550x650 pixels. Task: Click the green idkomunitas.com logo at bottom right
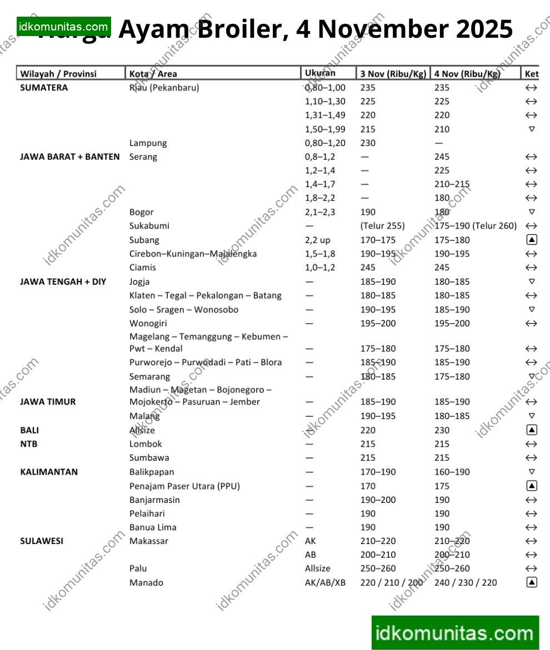455,633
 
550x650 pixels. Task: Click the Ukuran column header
320,73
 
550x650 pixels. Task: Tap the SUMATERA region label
44,88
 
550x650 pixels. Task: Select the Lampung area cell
148,143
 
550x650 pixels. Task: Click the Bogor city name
142,212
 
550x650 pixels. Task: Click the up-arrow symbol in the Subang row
532,240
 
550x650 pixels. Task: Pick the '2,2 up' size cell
318,240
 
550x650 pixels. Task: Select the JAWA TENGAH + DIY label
63,281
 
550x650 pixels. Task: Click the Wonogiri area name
148,323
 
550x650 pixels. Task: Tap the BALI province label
29,430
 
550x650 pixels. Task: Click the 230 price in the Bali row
442,430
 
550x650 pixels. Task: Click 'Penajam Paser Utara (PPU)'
184,486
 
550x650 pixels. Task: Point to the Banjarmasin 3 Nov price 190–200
378,500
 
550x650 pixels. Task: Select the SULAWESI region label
42,541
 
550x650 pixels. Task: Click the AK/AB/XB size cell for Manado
325,582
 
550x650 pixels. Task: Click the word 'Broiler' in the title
243,29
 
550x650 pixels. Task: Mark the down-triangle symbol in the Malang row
532,416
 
